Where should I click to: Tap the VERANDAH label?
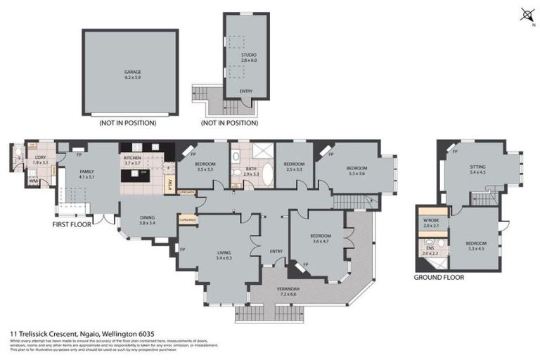(x=288, y=291)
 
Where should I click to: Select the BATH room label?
(x=251, y=170)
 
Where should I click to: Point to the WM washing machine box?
(x=33, y=181)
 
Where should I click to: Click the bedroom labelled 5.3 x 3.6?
(x=356, y=171)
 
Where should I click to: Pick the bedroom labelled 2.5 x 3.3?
(x=293, y=167)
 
